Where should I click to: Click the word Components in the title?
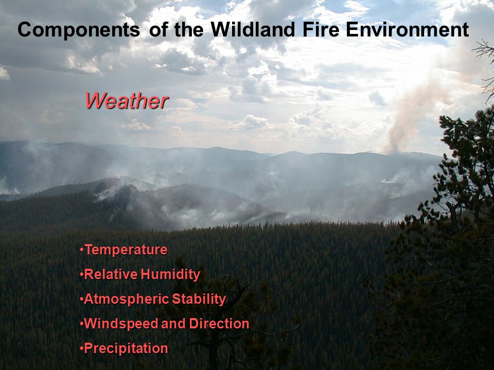79,30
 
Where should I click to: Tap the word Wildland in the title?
253,30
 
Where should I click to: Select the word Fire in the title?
321,30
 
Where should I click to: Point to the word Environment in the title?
408,30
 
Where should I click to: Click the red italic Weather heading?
127,101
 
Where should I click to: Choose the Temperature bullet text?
126,250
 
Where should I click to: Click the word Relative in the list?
111,274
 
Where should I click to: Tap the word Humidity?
170,274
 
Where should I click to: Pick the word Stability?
199,299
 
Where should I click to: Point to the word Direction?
219,323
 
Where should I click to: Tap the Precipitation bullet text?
126,348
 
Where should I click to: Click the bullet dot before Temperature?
82,250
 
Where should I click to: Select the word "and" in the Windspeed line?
173,323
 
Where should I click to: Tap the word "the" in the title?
189,30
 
